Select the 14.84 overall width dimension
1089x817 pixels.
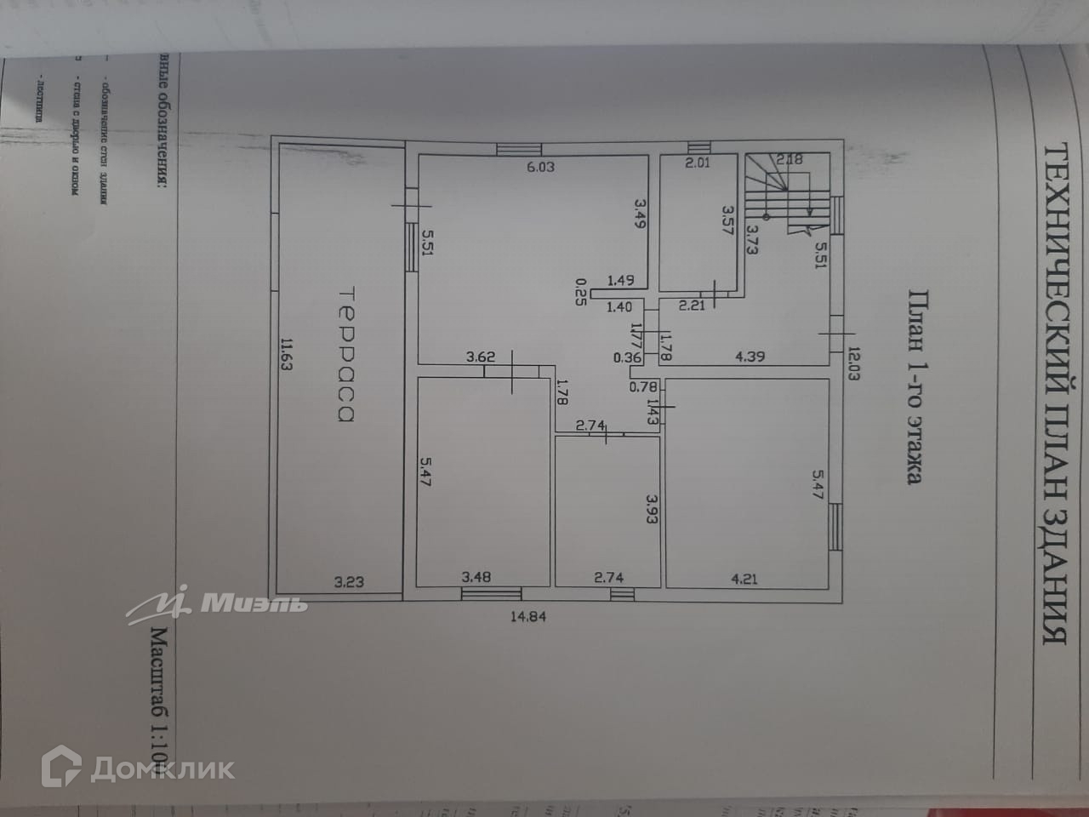click(x=527, y=617)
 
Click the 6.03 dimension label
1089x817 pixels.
click(x=540, y=167)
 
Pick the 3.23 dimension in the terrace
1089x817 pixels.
click(x=349, y=582)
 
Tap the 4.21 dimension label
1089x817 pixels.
click(x=744, y=580)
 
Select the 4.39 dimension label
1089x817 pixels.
click(x=749, y=357)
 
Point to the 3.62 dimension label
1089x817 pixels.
click(x=481, y=357)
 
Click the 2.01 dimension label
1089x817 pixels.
click(x=698, y=163)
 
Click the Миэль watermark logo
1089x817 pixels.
click(x=217, y=603)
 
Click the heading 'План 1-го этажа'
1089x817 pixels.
click(x=914, y=387)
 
